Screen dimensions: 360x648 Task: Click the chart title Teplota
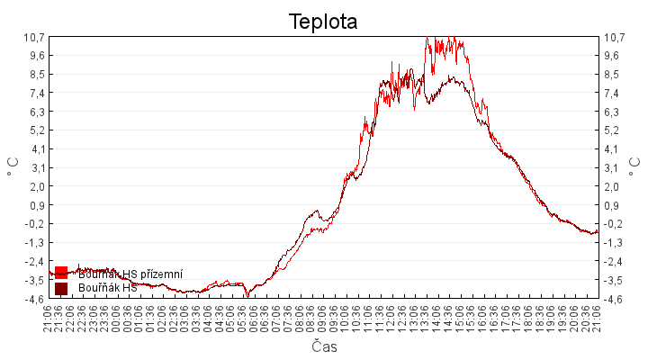323,21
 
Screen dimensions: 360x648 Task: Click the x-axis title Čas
324,346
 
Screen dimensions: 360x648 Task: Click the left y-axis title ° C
13,166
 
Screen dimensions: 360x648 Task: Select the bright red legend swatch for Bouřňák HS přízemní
61,273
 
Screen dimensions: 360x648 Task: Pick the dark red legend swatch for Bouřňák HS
61,288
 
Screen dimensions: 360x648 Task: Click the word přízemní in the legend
161,274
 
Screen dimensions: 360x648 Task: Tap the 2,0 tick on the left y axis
37,186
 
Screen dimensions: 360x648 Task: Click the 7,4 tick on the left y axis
37,93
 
